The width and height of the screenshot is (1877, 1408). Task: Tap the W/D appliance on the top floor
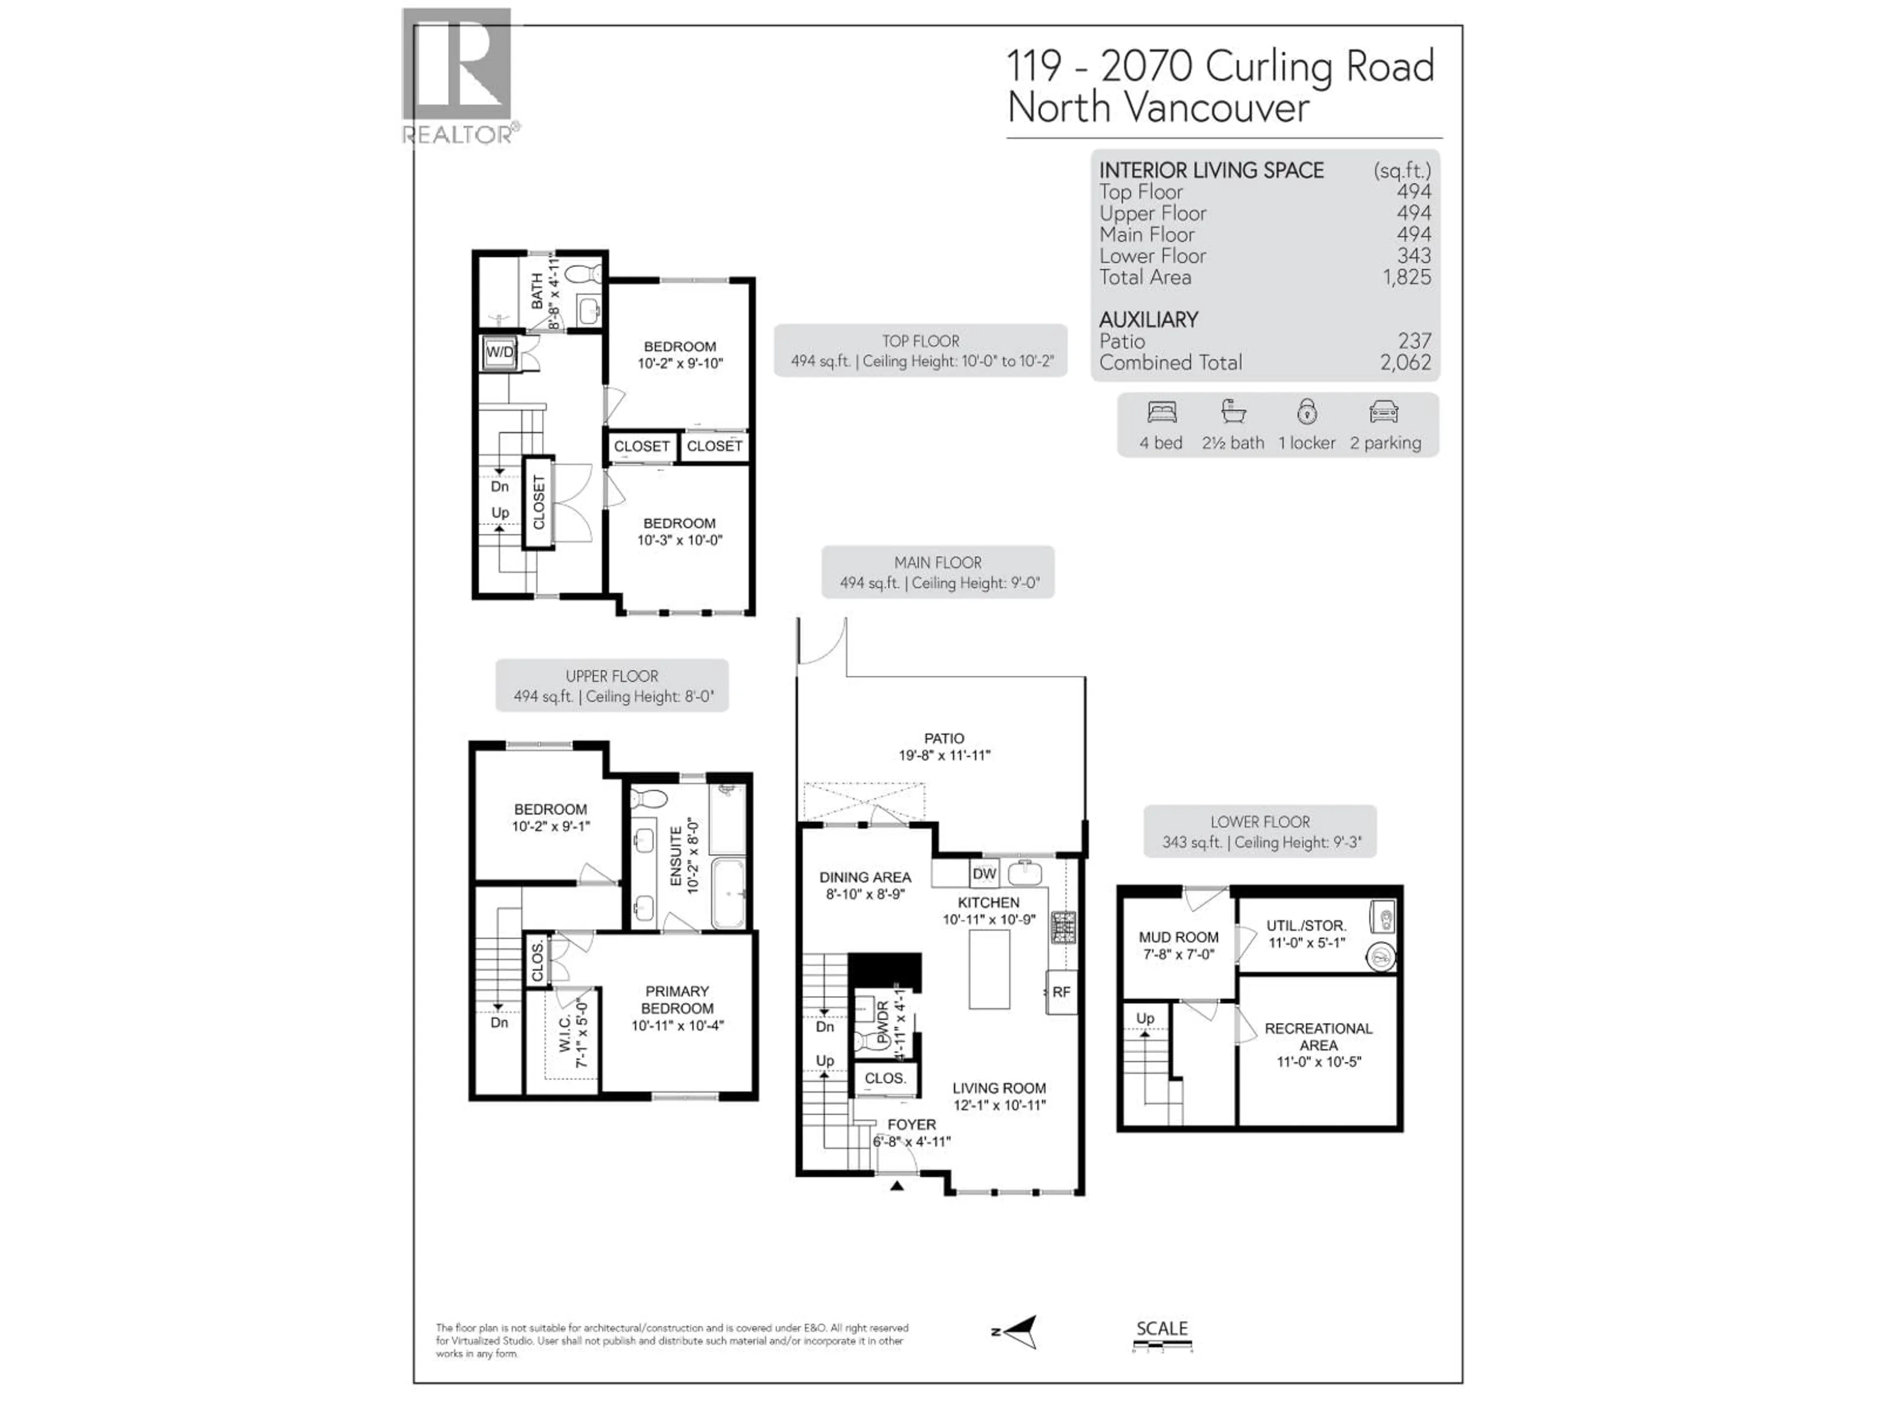[x=499, y=352]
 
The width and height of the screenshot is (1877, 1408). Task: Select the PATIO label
[x=943, y=738]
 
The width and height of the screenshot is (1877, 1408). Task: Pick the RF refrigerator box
[x=1062, y=991]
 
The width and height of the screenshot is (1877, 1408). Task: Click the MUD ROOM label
[x=1178, y=937]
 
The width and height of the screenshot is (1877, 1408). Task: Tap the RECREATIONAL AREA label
[x=1318, y=1036]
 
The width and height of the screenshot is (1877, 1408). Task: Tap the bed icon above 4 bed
[x=1162, y=413]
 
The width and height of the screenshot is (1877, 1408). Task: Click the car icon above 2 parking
[x=1383, y=413]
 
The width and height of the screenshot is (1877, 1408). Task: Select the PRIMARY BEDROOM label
[x=677, y=1000]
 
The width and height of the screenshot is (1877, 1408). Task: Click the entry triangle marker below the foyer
[x=897, y=1186]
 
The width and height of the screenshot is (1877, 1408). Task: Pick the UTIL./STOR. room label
[x=1306, y=926]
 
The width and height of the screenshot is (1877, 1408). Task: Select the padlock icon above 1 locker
[x=1307, y=413]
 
